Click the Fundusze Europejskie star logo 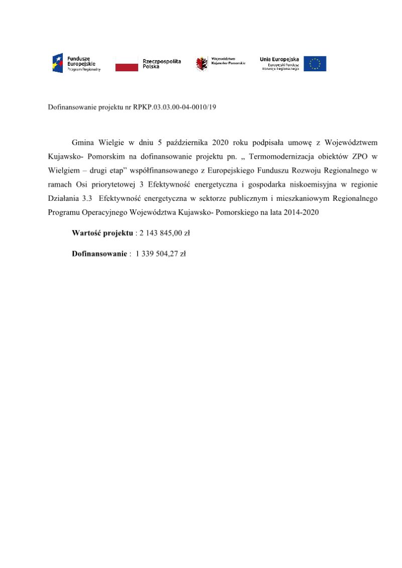click(57, 64)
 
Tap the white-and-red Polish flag click(127, 64)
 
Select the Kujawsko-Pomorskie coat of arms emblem click(202, 64)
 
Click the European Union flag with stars click(315, 64)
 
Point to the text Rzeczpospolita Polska click(162, 64)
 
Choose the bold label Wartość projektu click(103, 233)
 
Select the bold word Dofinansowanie click(99, 254)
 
